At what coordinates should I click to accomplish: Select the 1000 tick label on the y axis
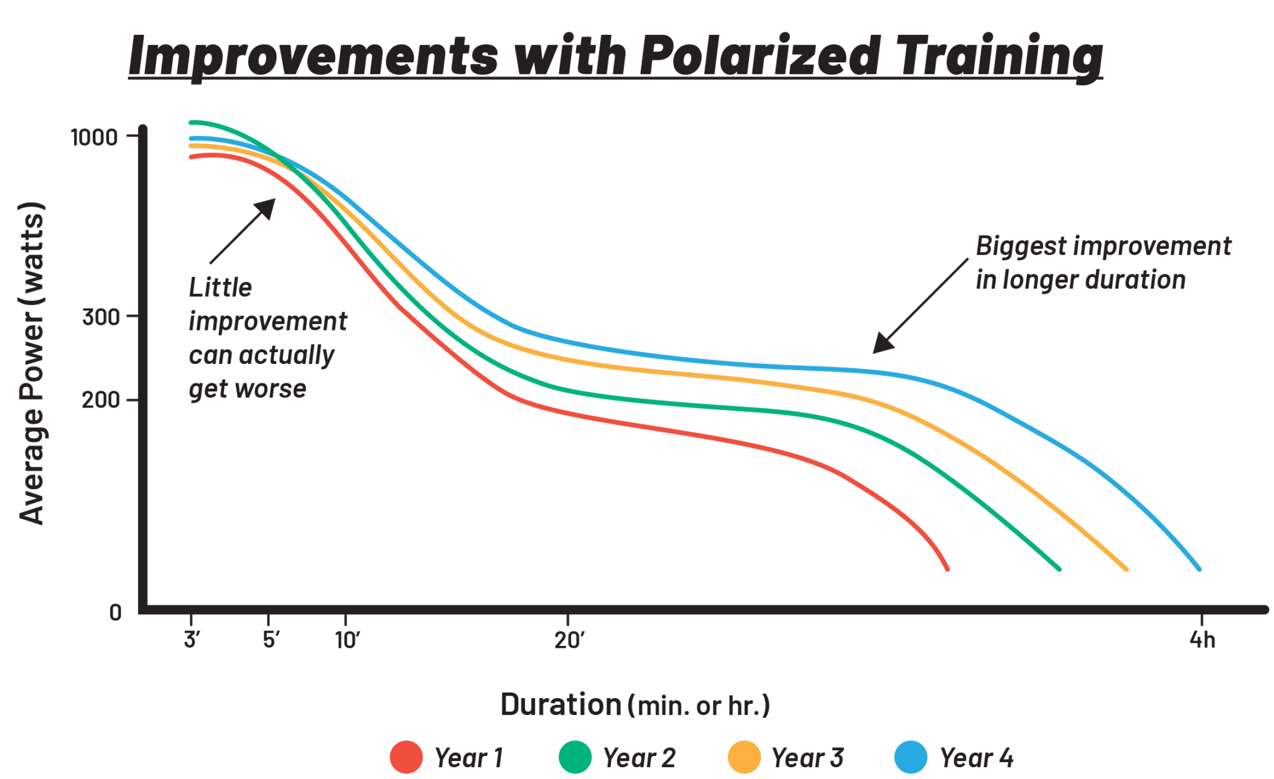click(x=94, y=137)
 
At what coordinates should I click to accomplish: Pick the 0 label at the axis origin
click(x=115, y=612)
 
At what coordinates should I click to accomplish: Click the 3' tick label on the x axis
click(x=191, y=639)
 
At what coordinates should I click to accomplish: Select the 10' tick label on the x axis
click(x=347, y=639)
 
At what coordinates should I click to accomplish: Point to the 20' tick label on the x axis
click(x=569, y=639)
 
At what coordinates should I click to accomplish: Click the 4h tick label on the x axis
click(x=1202, y=639)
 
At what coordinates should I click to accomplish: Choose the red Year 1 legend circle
click(x=406, y=757)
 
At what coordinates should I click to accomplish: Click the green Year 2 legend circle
click(x=575, y=757)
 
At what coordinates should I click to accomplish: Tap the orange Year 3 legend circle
click(x=744, y=757)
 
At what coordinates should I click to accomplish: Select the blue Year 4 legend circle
click(x=911, y=757)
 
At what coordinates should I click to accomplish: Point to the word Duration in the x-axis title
click(x=560, y=705)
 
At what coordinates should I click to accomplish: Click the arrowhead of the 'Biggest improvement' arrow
click(x=879, y=347)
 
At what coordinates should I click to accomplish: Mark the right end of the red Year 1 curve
click(x=947, y=569)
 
